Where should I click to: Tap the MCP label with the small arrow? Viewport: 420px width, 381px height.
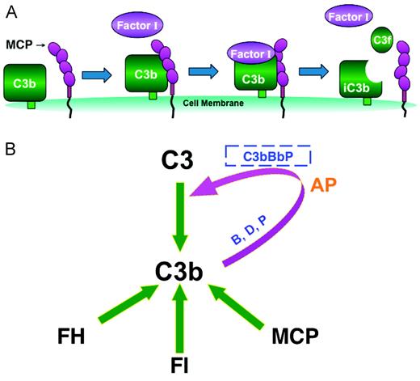pos(18,40)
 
